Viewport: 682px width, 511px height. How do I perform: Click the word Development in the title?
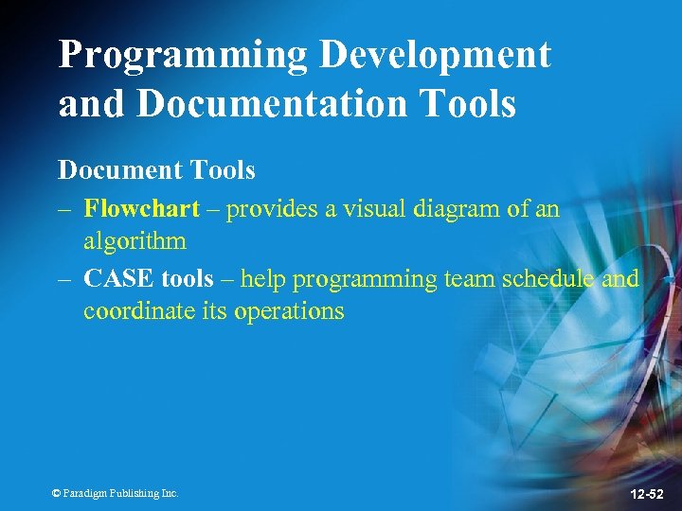tap(434, 56)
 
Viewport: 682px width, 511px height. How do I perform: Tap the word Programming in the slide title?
tap(183, 56)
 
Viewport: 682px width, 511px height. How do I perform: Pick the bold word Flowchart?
tap(141, 208)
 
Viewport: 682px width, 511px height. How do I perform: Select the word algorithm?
tap(135, 240)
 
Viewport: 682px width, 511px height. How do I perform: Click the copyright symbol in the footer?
tap(56, 493)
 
